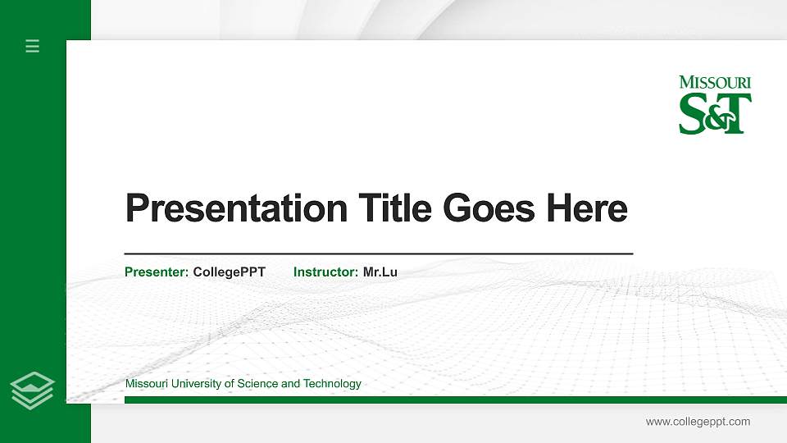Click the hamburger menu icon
[x=33, y=46]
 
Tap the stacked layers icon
[x=33, y=390]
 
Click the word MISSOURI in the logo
[x=715, y=83]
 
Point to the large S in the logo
[x=694, y=113]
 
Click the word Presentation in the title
[x=236, y=208]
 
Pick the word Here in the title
[x=587, y=208]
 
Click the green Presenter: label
[x=157, y=272]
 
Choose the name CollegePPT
[x=229, y=272]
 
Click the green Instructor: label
[x=325, y=272]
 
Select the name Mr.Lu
[x=380, y=272]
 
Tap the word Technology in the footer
[x=332, y=384]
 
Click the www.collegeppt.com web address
[x=698, y=422]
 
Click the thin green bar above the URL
[x=451, y=400]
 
